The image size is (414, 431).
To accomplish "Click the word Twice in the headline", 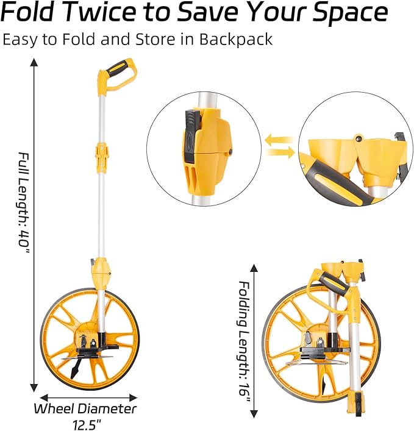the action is [x=101, y=13].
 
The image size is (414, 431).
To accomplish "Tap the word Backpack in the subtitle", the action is [x=235, y=39].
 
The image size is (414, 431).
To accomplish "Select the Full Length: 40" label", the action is [x=24, y=204].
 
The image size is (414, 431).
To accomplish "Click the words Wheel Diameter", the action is [x=85, y=408].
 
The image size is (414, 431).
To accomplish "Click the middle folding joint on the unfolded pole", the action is [x=101, y=156].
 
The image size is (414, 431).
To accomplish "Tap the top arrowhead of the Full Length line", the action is [x=34, y=62].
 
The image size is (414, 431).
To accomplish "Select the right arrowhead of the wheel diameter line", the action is [x=133, y=397].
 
